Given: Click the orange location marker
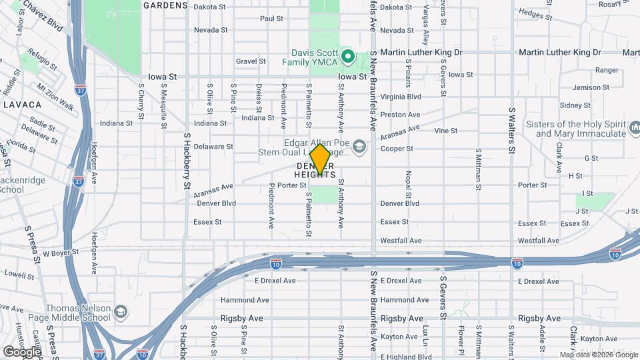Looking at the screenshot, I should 321,159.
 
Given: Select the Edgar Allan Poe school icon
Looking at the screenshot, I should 359,146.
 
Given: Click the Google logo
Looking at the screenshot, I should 22,351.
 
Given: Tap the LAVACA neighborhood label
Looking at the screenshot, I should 22,105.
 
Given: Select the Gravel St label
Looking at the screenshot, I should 251,61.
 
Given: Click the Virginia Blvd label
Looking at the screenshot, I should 401,97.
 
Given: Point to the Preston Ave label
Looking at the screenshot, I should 400,115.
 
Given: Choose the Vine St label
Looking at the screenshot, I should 446,131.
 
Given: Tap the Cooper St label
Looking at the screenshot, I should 397,149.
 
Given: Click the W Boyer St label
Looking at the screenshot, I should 61,253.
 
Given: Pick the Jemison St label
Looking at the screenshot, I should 586,87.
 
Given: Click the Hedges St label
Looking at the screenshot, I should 531,13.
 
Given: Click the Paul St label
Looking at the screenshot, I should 271,19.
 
